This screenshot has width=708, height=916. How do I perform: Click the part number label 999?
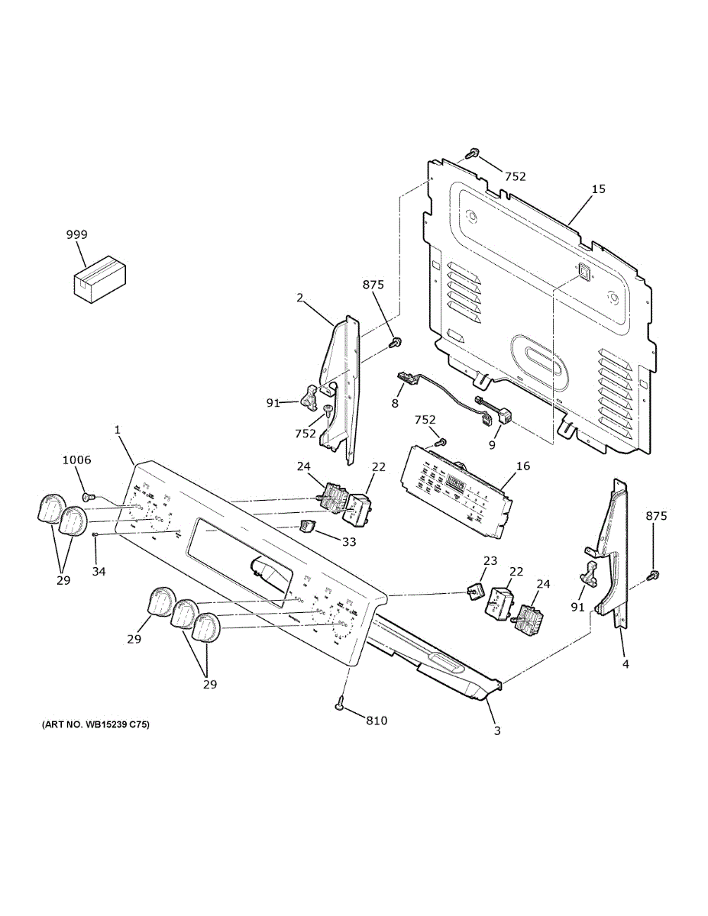pyautogui.click(x=76, y=235)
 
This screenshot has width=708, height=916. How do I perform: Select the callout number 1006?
pyautogui.click(x=76, y=460)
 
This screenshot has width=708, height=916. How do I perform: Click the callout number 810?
pyautogui.click(x=377, y=720)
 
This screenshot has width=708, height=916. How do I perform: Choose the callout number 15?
pyautogui.click(x=598, y=189)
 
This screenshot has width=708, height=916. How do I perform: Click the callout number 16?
pyautogui.click(x=523, y=466)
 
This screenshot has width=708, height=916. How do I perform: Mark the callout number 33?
pyautogui.click(x=348, y=542)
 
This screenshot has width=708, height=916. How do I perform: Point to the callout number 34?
pyautogui.click(x=99, y=571)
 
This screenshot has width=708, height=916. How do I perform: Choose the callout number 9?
pyautogui.click(x=492, y=443)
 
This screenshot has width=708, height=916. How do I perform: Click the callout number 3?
pyautogui.click(x=496, y=731)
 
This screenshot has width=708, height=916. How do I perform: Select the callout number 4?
pyautogui.click(x=625, y=664)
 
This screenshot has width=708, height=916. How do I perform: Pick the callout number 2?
pyautogui.click(x=300, y=296)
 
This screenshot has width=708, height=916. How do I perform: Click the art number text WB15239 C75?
pyautogui.click(x=95, y=723)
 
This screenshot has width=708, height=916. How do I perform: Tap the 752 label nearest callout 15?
pyautogui.click(x=515, y=176)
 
